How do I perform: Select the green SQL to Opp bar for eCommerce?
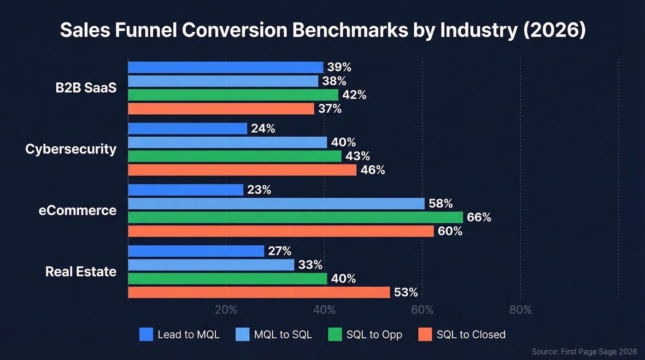pyautogui.click(x=295, y=217)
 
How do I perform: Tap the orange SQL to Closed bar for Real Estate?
pyautogui.click(x=258, y=292)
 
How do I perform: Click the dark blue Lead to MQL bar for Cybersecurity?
pyautogui.click(x=188, y=129)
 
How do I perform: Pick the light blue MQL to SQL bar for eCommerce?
pyautogui.click(x=276, y=203)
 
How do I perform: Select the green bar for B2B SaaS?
pyautogui.click(x=233, y=95)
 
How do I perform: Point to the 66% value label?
pyautogui.click(x=479, y=217)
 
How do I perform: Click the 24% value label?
pyautogui.click(x=263, y=129)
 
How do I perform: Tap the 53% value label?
pyautogui.click(x=406, y=292)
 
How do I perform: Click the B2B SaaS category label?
pyautogui.click(x=86, y=88)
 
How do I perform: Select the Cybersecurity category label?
pyautogui.click(x=71, y=149)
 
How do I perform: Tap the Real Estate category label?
pyautogui.click(x=81, y=271)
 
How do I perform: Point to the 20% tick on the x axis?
pyautogui.click(x=226, y=310)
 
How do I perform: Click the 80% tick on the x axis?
pyautogui.click(x=521, y=310)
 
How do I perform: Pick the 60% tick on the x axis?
pyautogui.click(x=422, y=310)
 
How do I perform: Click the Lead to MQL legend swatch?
pyautogui.click(x=146, y=334)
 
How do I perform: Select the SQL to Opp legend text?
pyautogui.click(x=374, y=335)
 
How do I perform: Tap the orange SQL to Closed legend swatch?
pyautogui.click(x=425, y=334)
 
